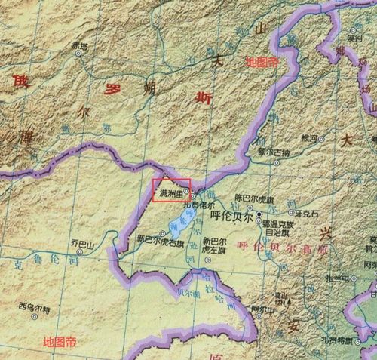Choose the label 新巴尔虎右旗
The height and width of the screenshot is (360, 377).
(x=158, y=242)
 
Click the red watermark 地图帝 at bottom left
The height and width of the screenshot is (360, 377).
(x=60, y=342)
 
